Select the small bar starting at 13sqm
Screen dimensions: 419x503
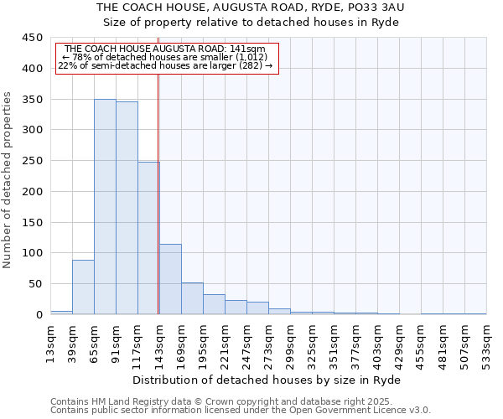click(61, 313)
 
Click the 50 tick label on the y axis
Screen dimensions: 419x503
click(36, 284)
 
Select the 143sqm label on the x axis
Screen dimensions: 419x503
click(159, 342)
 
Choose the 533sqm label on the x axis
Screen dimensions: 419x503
click(486, 342)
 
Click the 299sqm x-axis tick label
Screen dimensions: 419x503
click(290, 342)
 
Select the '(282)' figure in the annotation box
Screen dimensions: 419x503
click(251, 65)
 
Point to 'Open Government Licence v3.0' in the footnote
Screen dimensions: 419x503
click(359, 410)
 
